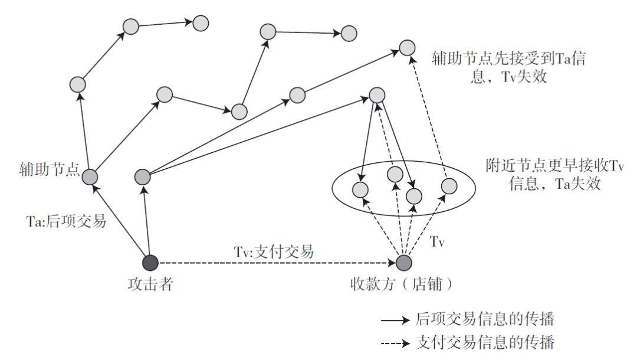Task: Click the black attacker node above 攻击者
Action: tap(150, 262)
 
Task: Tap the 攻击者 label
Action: tap(150, 284)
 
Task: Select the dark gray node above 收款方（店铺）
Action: tap(403, 262)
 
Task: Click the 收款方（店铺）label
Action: tap(402, 284)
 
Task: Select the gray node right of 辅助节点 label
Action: tap(90, 176)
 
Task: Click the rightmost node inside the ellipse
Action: tap(449, 186)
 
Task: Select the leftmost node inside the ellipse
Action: tap(360, 190)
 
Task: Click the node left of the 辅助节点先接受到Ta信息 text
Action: tap(407, 48)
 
